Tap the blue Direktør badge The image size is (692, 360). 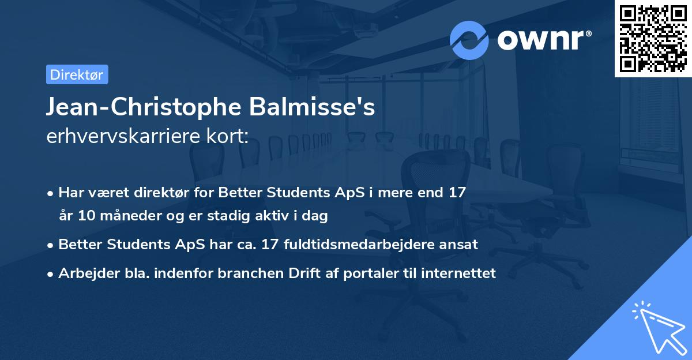[77, 74]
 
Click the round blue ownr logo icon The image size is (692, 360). [469, 40]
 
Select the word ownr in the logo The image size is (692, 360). [543, 40]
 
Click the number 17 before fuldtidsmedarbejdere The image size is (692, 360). [269, 244]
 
